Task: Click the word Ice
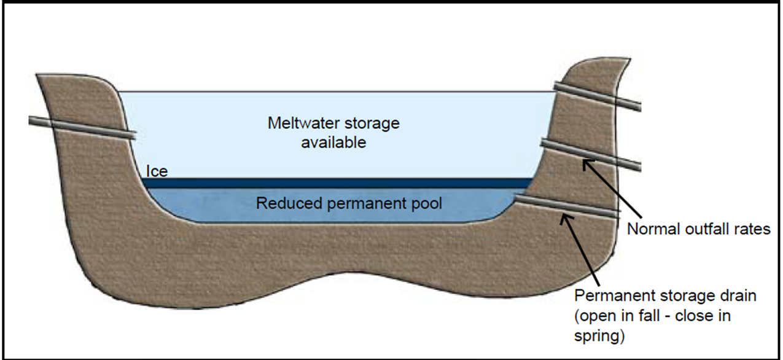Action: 157,171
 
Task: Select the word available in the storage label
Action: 333,143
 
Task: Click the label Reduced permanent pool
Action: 349,203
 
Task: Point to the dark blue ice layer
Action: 338,182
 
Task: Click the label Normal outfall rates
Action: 698,230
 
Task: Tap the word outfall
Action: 703,230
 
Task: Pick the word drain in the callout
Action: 740,295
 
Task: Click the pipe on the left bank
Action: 83,127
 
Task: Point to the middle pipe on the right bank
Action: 590,154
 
